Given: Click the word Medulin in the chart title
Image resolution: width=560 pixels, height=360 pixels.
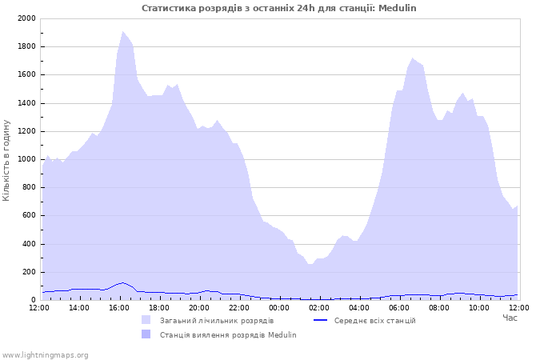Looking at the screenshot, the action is click(x=397, y=8).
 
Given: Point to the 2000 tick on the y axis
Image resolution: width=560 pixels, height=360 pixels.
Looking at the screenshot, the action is click(x=26, y=18).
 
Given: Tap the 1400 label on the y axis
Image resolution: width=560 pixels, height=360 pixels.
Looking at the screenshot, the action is click(x=26, y=103).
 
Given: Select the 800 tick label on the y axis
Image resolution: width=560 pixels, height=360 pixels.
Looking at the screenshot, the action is click(x=29, y=187).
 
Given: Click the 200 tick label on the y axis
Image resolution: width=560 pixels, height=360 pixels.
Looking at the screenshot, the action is click(x=29, y=272).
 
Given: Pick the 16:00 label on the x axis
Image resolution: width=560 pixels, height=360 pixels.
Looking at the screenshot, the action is click(x=119, y=308).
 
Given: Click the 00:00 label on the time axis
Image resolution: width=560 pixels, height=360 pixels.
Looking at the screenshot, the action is click(x=279, y=308).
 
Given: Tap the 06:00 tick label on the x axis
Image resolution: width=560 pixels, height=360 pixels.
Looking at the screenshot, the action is click(x=399, y=308).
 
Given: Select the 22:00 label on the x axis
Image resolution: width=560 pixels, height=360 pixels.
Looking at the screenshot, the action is click(x=239, y=308).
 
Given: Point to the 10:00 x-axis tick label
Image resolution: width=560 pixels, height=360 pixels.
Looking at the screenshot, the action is click(x=479, y=308).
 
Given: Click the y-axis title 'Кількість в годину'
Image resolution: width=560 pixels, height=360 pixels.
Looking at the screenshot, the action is click(x=6, y=160).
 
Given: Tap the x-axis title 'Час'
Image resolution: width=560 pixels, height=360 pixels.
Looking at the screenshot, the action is click(x=510, y=318).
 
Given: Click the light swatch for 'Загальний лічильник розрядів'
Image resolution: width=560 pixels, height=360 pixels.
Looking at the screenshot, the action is click(x=146, y=320).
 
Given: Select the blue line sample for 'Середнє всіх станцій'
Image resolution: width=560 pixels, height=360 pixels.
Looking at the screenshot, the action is click(x=320, y=320).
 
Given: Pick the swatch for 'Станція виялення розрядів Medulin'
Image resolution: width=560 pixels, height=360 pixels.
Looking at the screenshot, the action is click(x=146, y=334).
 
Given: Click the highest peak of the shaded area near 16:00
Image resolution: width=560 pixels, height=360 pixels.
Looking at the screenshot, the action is click(x=122, y=31).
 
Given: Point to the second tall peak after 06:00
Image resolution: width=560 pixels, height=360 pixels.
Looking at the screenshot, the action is click(x=463, y=94).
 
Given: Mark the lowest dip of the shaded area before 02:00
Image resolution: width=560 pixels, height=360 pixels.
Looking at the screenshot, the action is click(x=310, y=264).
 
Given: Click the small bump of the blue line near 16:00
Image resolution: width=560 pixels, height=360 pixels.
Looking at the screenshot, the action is click(x=122, y=283).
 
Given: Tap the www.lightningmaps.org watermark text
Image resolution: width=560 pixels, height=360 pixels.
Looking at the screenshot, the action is click(x=45, y=355).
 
